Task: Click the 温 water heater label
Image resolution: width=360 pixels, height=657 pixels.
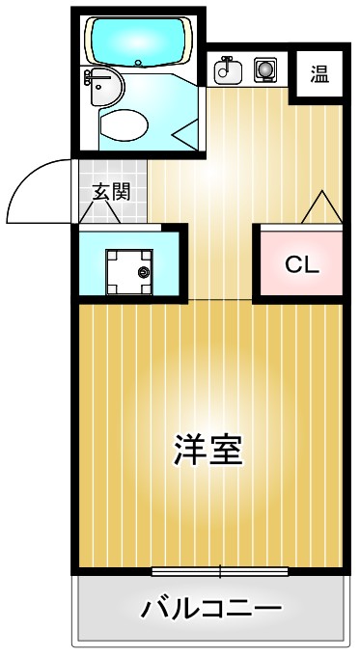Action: click(319, 71)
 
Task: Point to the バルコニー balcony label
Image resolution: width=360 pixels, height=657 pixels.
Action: click(211, 610)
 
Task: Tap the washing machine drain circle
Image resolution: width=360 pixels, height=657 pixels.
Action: click(144, 273)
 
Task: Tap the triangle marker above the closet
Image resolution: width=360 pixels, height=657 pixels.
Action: click(320, 207)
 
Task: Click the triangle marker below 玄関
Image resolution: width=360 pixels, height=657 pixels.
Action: click(105, 214)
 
